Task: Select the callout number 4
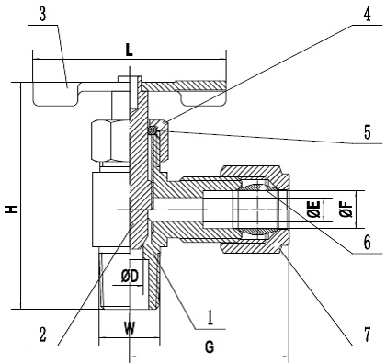pos(367,15)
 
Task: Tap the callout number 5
pos(367,133)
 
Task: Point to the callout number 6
pos(367,243)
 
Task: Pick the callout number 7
pos(367,335)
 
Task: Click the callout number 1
pos(210,318)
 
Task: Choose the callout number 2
pos(42,335)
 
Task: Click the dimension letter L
pos(130,50)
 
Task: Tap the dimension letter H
pos(12,210)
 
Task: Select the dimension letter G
pos(210,347)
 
